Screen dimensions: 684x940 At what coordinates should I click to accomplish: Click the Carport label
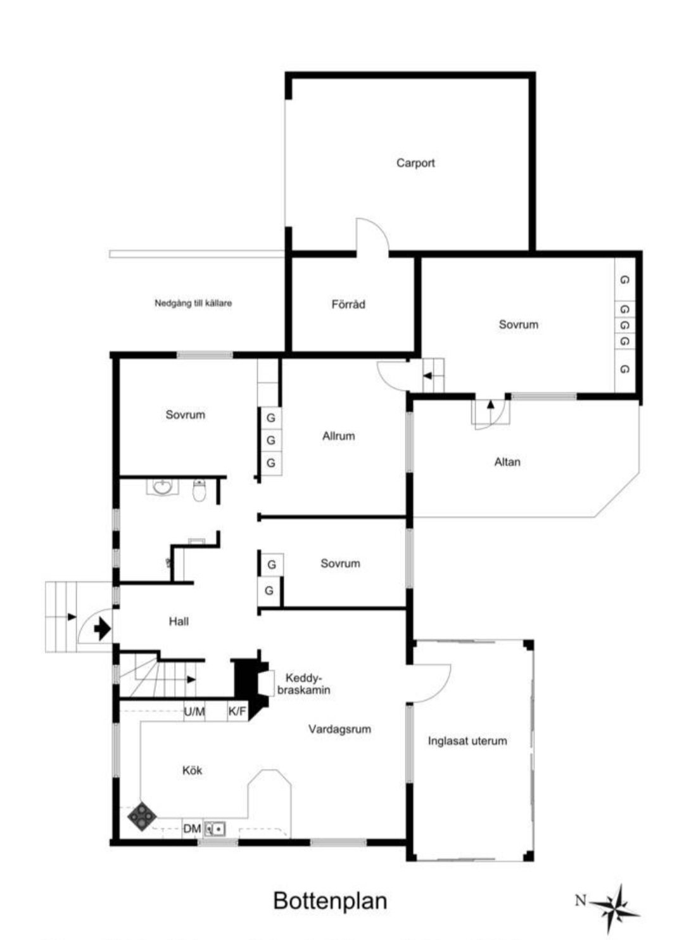click(415, 163)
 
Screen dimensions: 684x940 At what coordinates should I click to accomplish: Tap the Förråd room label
click(348, 304)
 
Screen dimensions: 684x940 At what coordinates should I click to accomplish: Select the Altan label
click(507, 462)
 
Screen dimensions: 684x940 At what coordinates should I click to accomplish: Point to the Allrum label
click(338, 436)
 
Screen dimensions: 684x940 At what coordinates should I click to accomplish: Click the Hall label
click(179, 622)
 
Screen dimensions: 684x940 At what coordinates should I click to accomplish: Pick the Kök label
click(192, 770)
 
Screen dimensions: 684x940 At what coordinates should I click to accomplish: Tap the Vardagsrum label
click(339, 729)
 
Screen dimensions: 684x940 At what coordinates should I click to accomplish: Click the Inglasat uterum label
click(467, 741)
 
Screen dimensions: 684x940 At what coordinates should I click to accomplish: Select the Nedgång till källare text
click(193, 303)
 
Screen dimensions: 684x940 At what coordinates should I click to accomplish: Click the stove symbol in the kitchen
click(142, 816)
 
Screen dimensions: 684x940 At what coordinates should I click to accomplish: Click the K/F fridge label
click(237, 711)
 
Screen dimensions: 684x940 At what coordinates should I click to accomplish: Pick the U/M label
click(194, 711)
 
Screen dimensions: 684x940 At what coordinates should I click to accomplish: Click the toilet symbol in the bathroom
click(199, 491)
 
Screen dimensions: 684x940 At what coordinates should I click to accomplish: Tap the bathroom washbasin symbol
click(162, 487)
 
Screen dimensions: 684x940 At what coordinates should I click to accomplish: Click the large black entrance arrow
click(102, 629)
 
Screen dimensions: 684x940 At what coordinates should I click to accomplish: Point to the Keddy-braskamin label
click(303, 684)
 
